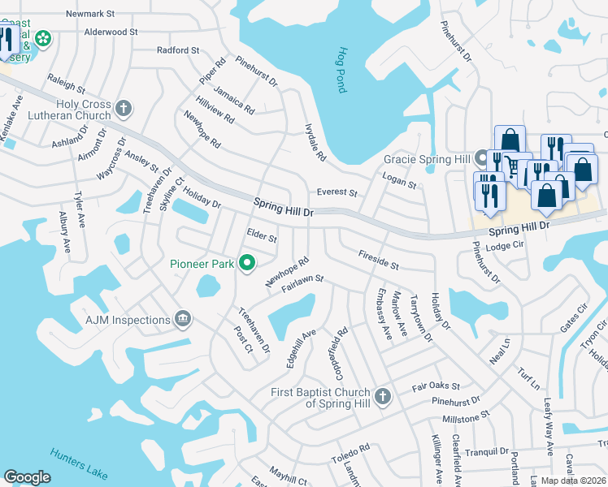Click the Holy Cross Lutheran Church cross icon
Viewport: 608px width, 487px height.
pyautogui.click(x=124, y=108)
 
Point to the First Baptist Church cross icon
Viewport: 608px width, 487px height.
pyautogui.click(x=382, y=397)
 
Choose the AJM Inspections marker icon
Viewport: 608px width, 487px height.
pyautogui.click(x=182, y=320)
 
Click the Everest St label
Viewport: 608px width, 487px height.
pyautogui.click(x=337, y=193)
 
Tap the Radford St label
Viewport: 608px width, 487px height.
pyautogui.click(x=178, y=50)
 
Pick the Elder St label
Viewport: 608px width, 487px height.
pyautogui.click(x=262, y=235)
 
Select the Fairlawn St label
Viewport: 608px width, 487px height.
pyautogui.click(x=302, y=282)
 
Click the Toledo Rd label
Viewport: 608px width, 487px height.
pyautogui.click(x=350, y=455)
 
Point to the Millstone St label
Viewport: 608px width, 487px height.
pyautogui.click(x=465, y=416)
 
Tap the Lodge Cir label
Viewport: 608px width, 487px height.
pyautogui.click(x=501, y=247)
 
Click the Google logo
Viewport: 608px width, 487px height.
pyautogui.click(x=27, y=477)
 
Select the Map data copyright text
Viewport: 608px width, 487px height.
pyautogui.click(x=574, y=481)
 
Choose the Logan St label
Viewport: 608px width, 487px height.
pyautogui.click(x=399, y=179)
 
